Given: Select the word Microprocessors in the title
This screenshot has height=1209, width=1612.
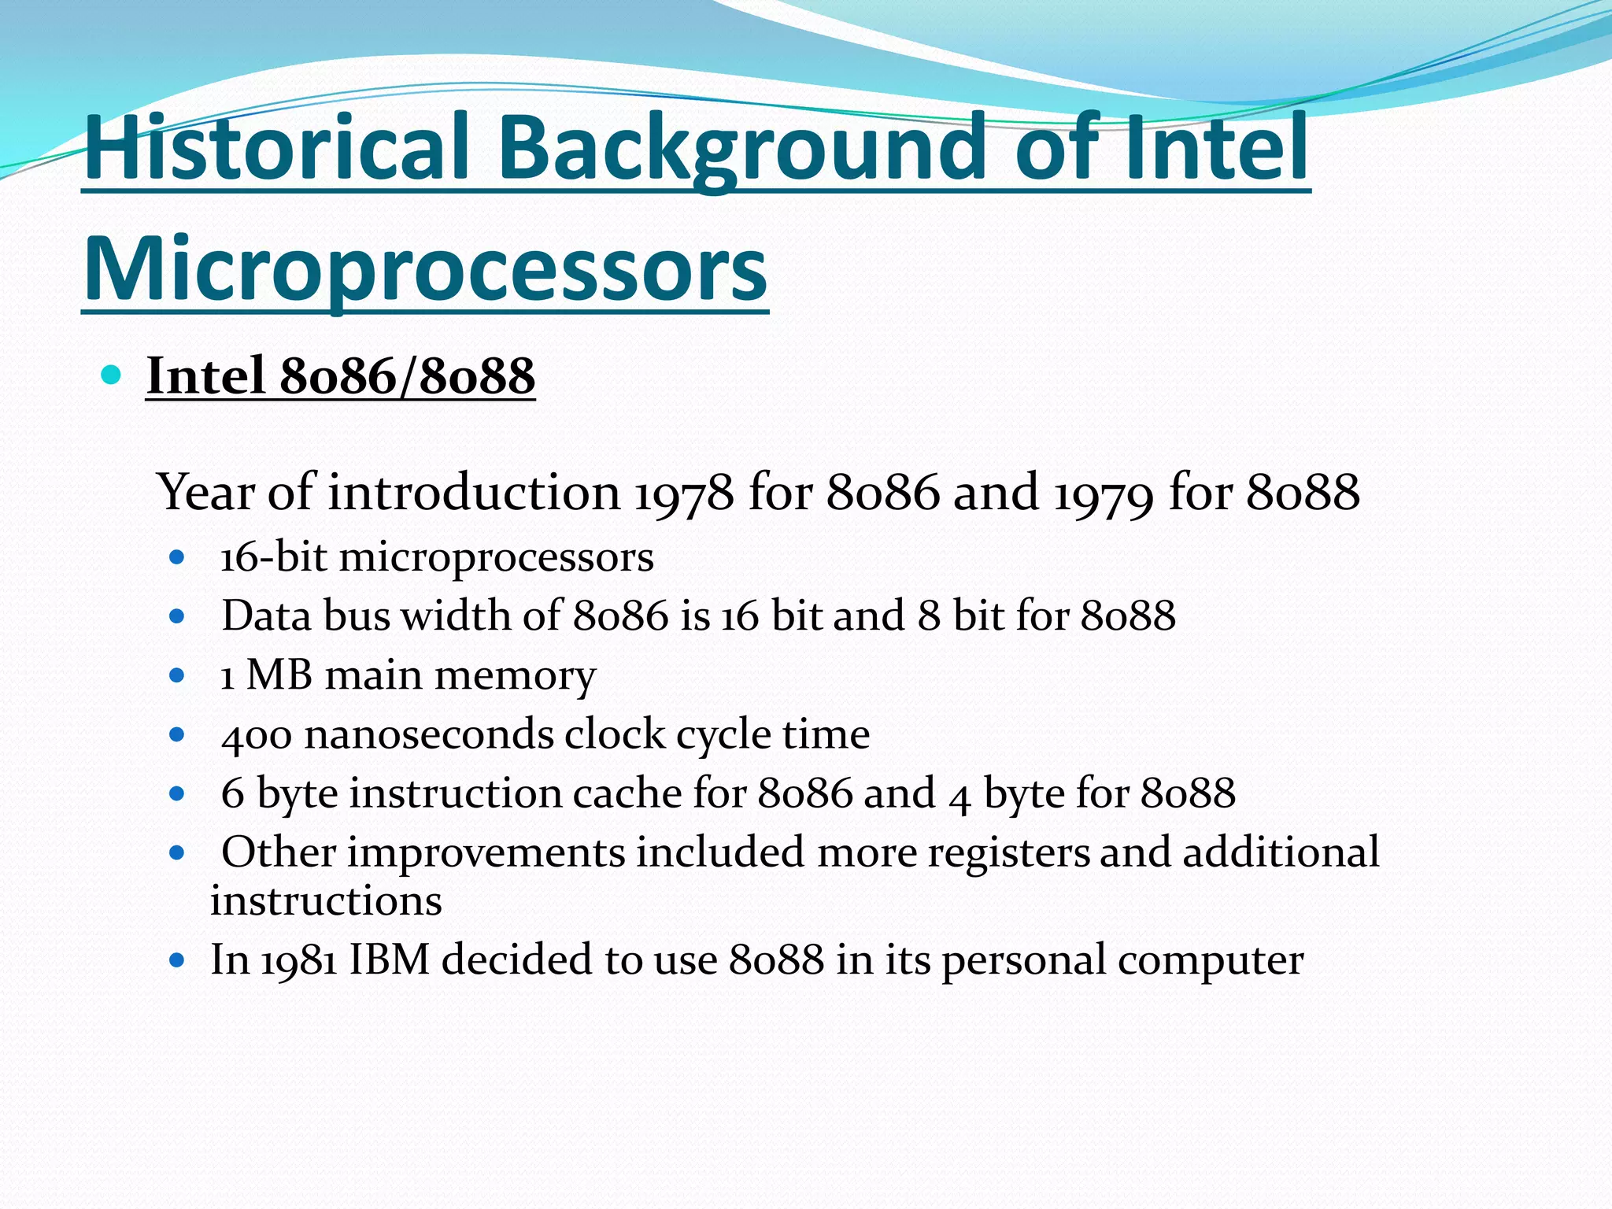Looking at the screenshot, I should click(x=425, y=270).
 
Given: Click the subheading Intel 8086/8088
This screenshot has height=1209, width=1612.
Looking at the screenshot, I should click(x=340, y=376).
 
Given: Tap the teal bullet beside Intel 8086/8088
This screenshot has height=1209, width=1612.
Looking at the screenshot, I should click(x=111, y=375).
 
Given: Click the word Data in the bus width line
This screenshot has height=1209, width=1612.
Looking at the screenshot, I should click(x=266, y=616).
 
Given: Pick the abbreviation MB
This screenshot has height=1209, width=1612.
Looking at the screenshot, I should click(x=279, y=675).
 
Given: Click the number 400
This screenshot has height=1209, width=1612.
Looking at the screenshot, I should click(x=257, y=735).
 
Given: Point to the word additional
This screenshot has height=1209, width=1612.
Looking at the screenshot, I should click(x=1281, y=852).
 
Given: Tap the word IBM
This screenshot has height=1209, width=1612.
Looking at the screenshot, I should click(x=389, y=960).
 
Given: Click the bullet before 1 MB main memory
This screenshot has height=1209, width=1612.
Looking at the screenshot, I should click(x=177, y=675).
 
